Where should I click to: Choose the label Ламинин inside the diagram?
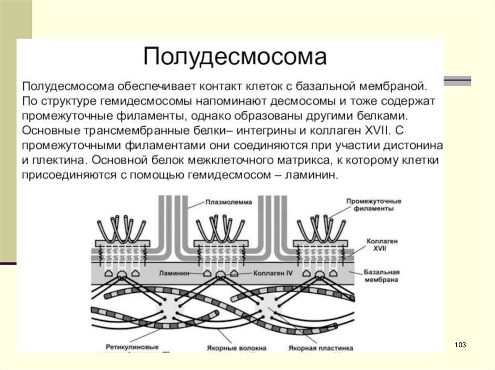[x=173, y=273]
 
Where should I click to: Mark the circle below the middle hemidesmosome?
[x=221, y=275]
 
